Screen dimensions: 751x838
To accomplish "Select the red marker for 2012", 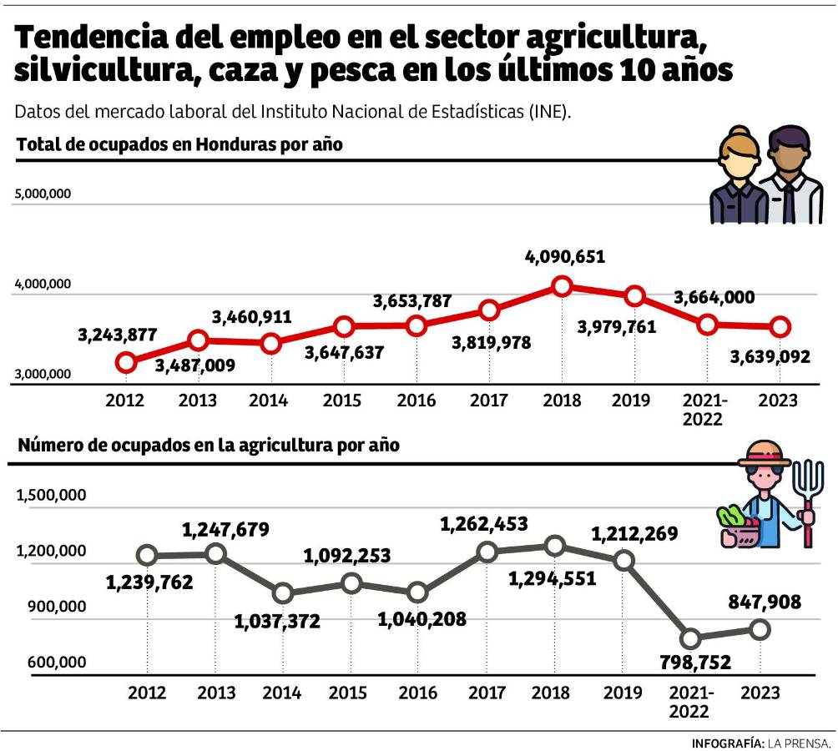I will pyautogui.click(x=126, y=362).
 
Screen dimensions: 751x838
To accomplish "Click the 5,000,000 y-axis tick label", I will pyautogui.click(x=43, y=194).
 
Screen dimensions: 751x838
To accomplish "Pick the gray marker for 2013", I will pyautogui.click(x=215, y=553).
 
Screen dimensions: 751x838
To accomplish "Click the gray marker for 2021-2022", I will pyautogui.click(x=690, y=639).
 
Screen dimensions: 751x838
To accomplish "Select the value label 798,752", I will pyautogui.click(x=690, y=663).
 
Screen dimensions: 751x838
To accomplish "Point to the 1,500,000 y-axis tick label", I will pyautogui.click(x=52, y=495).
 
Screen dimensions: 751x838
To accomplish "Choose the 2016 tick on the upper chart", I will pyautogui.click(x=416, y=401).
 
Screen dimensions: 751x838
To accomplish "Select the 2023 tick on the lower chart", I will pyautogui.click(x=760, y=693).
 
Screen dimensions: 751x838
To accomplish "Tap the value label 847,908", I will pyautogui.click(x=759, y=601).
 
